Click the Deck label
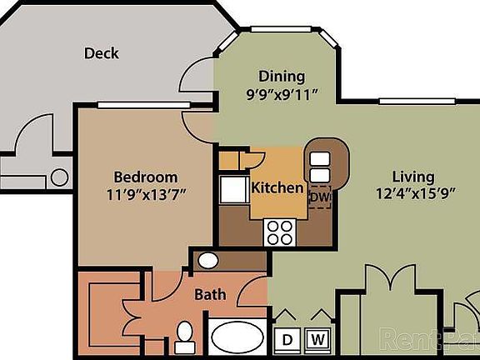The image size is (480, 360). [102, 53]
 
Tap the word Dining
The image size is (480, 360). [281, 76]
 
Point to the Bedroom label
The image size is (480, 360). [145, 177]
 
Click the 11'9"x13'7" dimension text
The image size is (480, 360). [145, 194]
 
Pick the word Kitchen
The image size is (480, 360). [277, 187]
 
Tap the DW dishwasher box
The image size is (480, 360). [320, 197]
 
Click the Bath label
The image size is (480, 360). [210, 294]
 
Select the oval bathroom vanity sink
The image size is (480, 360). [208, 261]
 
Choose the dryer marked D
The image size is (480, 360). [287, 339]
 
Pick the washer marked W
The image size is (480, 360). [317, 339]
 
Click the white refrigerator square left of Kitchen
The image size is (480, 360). [231, 190]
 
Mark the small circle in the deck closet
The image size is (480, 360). [59, 177]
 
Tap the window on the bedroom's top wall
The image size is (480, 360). [124, 105]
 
